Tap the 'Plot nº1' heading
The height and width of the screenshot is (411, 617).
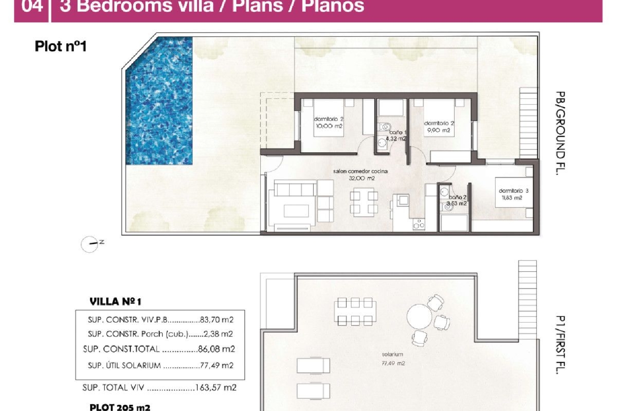[x=60, y=46]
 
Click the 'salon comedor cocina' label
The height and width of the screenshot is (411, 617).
[x=360, y=171]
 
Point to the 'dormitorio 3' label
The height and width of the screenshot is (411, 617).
[x=513, y=191]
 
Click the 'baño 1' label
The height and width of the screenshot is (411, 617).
[x=398, y=132]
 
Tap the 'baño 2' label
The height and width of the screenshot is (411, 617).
[x=457, y=197]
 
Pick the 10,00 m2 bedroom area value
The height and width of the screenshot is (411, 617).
[x=329, y=126]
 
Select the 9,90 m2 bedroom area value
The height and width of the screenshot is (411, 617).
[x=438, y=130]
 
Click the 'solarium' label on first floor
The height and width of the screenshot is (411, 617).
[x=392, y=354]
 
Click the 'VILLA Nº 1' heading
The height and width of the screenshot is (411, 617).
[x=115, y=302]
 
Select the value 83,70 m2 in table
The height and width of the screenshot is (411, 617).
[x=217, y=320]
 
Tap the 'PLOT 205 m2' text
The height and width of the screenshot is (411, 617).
[x=120, y=407]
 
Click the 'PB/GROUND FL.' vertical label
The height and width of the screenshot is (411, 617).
[x=560, y=133]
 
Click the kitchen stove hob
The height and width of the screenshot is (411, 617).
[x=419, y=224]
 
